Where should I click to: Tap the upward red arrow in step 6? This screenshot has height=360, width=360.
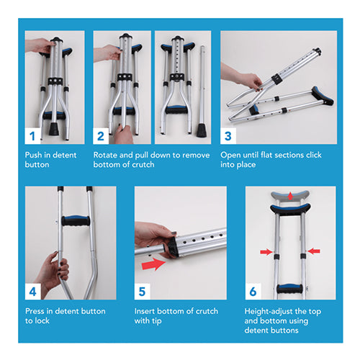tap(289, 195)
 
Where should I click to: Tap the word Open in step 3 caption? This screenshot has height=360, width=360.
tap(231, 155)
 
